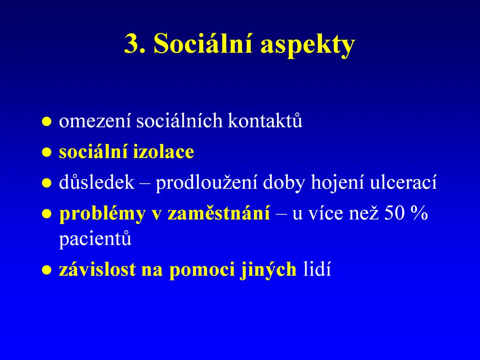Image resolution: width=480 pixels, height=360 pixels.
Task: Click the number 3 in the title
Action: point(132,44)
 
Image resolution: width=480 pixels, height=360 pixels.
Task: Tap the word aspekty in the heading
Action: point(307,45)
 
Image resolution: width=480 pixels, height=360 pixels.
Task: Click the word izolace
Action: point(164,151)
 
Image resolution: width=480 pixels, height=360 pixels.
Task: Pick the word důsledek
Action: point(97,182)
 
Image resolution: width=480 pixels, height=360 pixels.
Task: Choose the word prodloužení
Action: point(206,183)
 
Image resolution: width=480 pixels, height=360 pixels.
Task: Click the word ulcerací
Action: point(403,182)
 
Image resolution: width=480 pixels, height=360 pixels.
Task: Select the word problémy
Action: point(102,214)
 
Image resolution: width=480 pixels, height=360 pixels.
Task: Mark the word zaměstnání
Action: point(218,213)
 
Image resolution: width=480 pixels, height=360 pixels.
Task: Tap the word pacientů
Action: point(95,239)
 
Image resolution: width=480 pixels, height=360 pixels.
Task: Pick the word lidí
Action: point(317,269)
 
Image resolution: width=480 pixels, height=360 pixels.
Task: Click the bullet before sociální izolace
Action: point(46,152)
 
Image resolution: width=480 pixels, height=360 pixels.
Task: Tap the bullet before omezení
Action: point(46,121)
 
